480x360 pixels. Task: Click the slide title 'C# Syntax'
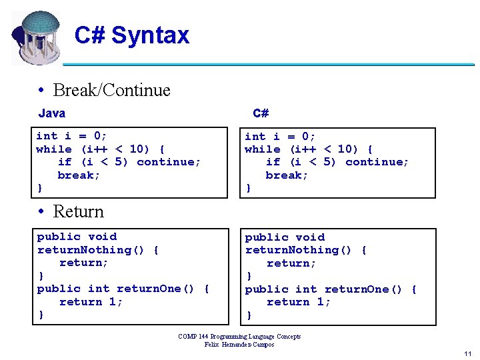132,35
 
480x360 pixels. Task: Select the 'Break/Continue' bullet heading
111,90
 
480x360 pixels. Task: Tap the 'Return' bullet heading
78,211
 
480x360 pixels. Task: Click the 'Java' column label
52,113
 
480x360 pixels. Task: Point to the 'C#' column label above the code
261,113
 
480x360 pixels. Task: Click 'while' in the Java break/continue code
54,149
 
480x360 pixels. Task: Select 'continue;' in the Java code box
168,162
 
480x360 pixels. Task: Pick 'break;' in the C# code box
287,175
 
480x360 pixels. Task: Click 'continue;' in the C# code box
377,162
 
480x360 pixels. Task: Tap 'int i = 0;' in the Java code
71,136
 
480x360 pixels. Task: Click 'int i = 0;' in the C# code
280,136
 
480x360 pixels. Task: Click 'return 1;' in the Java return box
91,302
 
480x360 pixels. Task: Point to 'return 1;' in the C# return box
299,302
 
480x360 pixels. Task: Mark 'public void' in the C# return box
285,237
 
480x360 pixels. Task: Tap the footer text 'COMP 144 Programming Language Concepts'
239,337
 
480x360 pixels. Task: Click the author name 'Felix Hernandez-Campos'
239,344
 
